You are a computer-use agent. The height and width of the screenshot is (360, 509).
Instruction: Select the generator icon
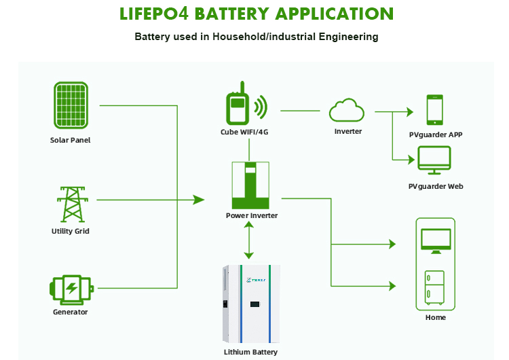point(71,287)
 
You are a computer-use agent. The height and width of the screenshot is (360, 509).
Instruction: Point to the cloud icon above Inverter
point(347,110)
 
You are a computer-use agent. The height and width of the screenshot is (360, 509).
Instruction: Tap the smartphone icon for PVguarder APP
point(435,109)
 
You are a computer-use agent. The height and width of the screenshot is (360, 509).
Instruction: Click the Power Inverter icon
point(250,185)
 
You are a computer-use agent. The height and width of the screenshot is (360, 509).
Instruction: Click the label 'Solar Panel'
point(70,141)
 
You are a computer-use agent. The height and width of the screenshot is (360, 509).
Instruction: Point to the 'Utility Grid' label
point(70,231)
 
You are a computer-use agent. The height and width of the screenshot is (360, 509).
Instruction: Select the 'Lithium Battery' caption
point(250,352)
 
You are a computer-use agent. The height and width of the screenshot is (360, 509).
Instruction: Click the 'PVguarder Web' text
point(436,186)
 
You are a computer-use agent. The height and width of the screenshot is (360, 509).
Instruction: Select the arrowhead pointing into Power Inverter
point(198,200)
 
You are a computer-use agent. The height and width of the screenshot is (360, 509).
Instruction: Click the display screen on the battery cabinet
point(254,305)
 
